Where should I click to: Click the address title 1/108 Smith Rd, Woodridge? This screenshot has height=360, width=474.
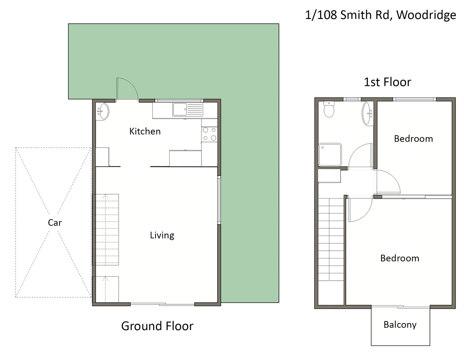pyautogui.click(x=380, y=15)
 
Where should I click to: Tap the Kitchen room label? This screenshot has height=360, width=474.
pyautogui.click(x=145, y=131)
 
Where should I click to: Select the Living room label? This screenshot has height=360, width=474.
pyautogui.click(x=162, y=235)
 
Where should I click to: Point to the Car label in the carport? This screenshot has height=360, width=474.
pyautogui.click(x=55, y=223)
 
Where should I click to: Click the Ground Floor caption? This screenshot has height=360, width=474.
pyautogui.click(x=157, y=326)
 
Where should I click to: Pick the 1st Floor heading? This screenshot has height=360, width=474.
pyautogui.click(x=387, y=82)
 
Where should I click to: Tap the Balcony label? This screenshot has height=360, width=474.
pyautogui.click(x=400, y=325)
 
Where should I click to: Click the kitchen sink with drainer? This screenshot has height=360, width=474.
pyautogui.click(x=188, y=109)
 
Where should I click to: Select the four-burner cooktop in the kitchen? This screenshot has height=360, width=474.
pyautogui.click(x=210, y=134)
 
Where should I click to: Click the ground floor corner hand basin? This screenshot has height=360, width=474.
pyautogui.click(x=103, y=111)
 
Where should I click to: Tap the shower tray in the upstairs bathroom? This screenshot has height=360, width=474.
pyautogui.click(x=330, y=155)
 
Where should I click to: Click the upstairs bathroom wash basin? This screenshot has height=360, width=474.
pyautogui.click(x=368, y=114)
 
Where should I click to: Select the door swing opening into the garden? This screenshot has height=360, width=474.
pyautogui.click(x=127, y=89)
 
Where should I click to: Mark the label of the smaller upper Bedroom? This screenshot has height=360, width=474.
pyautogui.click(x=413, y=139)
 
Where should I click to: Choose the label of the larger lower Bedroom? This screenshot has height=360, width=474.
pyautogui.click(x=399, y=258)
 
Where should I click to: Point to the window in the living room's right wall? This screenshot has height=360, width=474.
pyautogui.click(x=219, y=200)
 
